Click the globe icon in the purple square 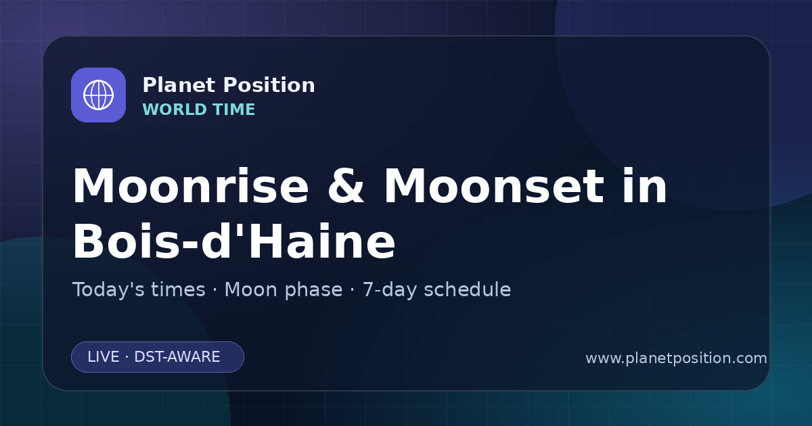pos(98,95)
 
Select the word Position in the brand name pos(269,85)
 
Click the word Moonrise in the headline pos(191,186)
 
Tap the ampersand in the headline pos(346,186)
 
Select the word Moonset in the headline pos(494,186)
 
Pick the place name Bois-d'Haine pos(234,241)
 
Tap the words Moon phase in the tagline pos(284,290)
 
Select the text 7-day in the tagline pos(390,290)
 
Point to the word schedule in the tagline pos(468,289)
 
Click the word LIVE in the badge pos(104,357)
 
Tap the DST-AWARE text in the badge pos(177,357)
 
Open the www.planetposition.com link pos(676,358)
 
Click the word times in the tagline pos(178,289)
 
